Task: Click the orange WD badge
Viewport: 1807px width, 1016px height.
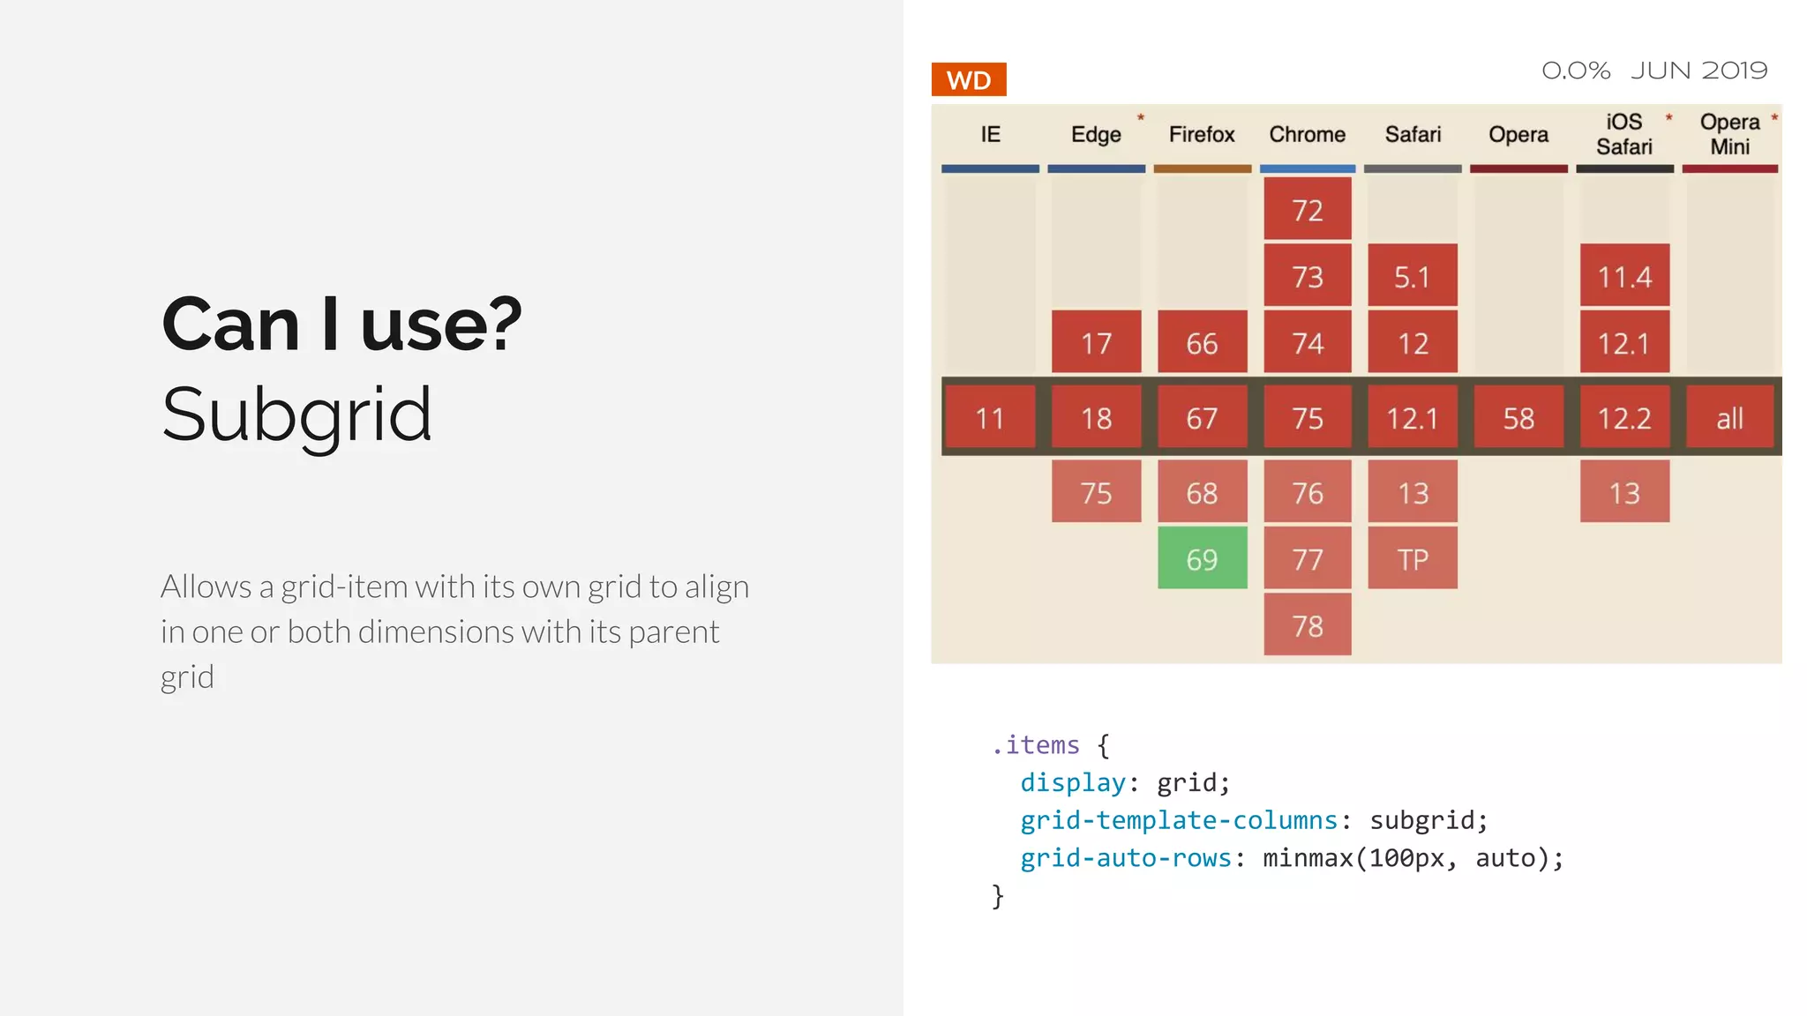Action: [x=968, y=80]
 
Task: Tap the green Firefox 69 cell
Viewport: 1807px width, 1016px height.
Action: [x=1202, y=559]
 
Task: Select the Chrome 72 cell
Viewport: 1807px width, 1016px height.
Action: [x=1307, y=210]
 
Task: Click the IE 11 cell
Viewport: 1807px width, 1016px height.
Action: [x=989, y=417]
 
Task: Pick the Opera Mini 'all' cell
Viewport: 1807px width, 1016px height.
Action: [x=1729, y=417]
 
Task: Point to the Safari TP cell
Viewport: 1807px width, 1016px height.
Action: [x=1412, y=559]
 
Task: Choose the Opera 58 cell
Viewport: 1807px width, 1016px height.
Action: [x=1518, y=417]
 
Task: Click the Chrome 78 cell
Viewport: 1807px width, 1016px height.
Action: [x=1307, y=625]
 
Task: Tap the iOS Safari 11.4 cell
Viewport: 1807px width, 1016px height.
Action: [x=1623, y=277]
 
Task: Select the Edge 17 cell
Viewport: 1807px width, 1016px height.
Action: [x=1096, y=342]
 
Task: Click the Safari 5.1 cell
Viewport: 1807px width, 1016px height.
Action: [x=1412, y=277]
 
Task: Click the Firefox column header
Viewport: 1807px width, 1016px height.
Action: [x=1201, y=134]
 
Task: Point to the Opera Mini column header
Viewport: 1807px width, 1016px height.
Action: [x=1729, y=134]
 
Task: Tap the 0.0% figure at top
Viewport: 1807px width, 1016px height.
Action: [x=1575, y=71]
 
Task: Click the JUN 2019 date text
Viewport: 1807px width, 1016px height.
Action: [x=1698, y=71]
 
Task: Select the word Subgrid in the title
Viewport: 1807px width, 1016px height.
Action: [x=296, y=415]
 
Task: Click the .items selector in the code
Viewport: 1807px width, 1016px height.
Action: [x=1036, y=745]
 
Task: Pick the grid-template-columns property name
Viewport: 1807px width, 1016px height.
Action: [x=1179, y=820]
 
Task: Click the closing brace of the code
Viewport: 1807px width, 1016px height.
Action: [x=998, y=896]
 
